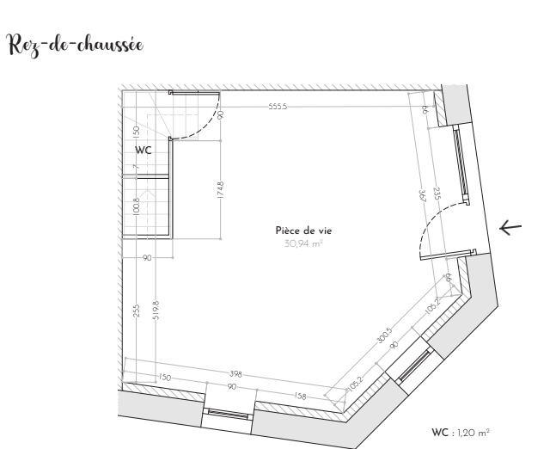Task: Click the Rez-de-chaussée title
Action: pyautogui.click(x=76, y=46)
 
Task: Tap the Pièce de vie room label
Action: pyautogui.click(x=303, y=231)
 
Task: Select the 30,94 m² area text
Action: pyautogui.click(x=303, y=243)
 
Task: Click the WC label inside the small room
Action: pyautogui.click(x=144, y=151)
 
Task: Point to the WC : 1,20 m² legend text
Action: pyautogui.click(x=461, y=433)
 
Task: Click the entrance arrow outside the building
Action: pyautogui.click(x=510, y=227)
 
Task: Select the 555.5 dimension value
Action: pyautogui.click(x=278, y=107)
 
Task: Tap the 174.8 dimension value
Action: pyautogui.click(x=221, y=189)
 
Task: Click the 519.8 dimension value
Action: pyautogui.click(x=156, y=311)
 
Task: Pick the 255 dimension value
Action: pyautogui.click(x=137, y=311)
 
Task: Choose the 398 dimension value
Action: pyautogui.click(x=235, y=374)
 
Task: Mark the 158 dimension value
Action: pyautogui.click(x=300, y=396)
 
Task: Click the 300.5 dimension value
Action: pyautogui.click(x=384, y=335)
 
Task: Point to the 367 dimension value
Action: pyautogui.click(x=422, y=196)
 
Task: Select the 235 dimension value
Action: pyautogui.click(x=437, y=194)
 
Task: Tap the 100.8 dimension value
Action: pyautogui.click(x=137, y=206)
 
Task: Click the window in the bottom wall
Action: pyautogui.click(x=229, y=414)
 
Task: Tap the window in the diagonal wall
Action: pyautogui.click(x=415, y=366)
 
